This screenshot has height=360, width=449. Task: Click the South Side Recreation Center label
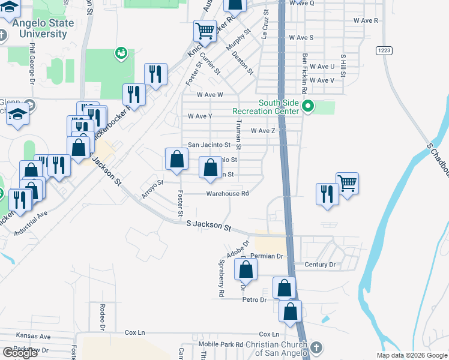coord(266,107)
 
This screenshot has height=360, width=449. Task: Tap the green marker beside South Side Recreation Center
coord(308,107)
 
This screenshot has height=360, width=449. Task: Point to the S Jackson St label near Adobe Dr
coord(208,226)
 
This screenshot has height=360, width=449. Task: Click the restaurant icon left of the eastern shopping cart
coord(327,194)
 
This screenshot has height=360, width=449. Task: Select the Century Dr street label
coord(320,265)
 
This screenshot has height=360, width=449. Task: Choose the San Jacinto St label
coord(209,145)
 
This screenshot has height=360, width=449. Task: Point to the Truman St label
coord(238,134)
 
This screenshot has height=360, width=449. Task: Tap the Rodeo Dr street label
coord(102,317)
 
